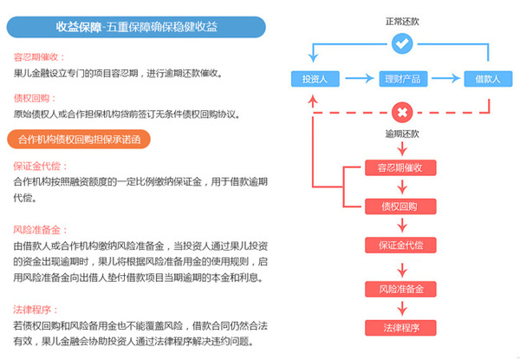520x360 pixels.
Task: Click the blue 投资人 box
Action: pos(314,80)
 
